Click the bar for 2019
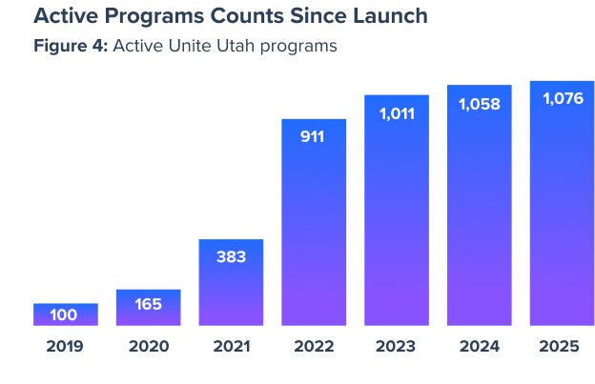66,314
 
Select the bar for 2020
148,307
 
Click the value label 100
64,315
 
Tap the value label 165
148,305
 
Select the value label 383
231,256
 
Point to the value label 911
313,136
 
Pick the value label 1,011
396,113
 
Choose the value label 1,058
479,104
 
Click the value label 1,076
562,98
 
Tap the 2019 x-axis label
65,346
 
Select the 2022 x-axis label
313,346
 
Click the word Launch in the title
382,17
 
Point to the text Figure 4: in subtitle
70,46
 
